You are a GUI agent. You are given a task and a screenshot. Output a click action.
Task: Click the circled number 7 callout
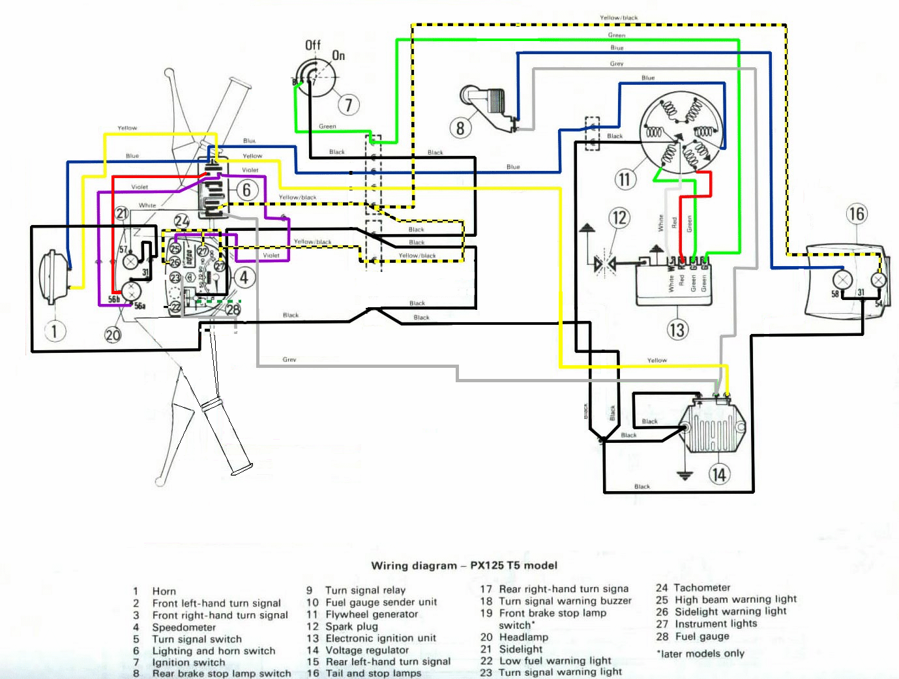click(x=348, y=104)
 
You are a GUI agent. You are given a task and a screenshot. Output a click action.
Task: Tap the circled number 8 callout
click(x=460, y=127)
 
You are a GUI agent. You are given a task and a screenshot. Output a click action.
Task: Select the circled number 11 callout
click(x=625, y=179)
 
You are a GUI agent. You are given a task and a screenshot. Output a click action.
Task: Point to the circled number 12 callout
click(x=619, y=217)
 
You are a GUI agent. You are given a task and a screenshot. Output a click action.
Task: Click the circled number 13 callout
click(x=677, y=330)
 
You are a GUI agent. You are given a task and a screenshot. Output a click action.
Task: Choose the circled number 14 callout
click(x=718, y=474)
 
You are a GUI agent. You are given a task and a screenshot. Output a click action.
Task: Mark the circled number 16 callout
click(x=857, y=214)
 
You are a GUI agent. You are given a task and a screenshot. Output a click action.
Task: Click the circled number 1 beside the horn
click(x=54, y=331)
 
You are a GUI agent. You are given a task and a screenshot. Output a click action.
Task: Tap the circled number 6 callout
click(x=246, y=190)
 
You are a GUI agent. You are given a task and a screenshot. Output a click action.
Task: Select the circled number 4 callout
click(x=244, y=278)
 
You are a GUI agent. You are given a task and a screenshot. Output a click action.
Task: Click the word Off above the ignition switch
click(x=313, y=45)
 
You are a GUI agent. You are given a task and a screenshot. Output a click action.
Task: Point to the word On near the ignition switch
click(x=338, y=56)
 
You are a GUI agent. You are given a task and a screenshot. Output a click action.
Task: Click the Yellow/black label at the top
click(x=619, y=18)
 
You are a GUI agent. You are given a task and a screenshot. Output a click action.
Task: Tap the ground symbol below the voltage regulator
click(x=684, y=474)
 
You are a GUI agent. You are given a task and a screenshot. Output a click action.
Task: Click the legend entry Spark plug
click(x=351, y=626)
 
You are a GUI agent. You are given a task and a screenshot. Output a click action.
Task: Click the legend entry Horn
click(x=164, y=592)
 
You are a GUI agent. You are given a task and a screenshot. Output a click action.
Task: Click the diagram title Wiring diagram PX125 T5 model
click(x=464, y=566)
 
